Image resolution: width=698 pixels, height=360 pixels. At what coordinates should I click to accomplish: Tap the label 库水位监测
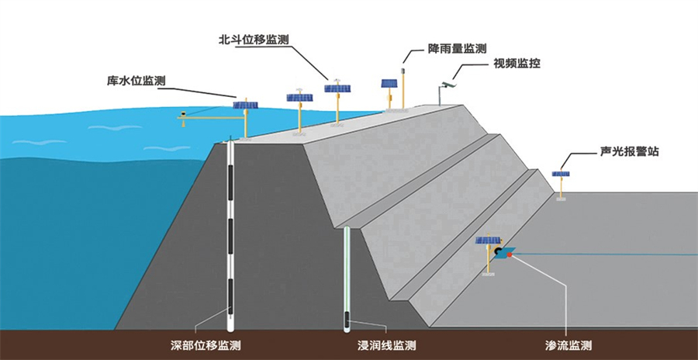click(x=136, y=81)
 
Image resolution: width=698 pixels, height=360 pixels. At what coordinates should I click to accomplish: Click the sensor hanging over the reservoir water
click(x=183, y=113)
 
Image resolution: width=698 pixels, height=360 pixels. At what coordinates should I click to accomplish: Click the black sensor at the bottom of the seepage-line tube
click(x=347, y=318)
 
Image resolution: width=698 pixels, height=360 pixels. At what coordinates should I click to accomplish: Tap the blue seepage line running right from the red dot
click(x=605, y=254)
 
